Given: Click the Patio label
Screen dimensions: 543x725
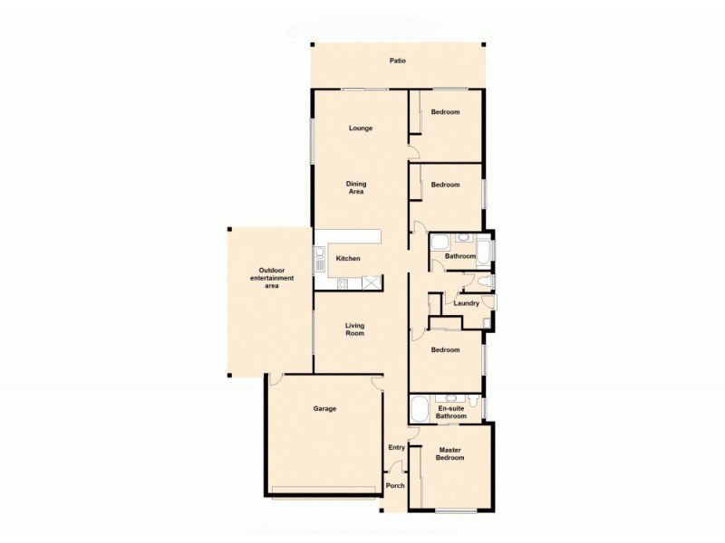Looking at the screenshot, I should click(x=397, y=62).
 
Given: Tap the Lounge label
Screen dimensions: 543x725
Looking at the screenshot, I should click(x=361, y=129).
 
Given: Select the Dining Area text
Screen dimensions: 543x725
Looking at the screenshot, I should click(x=356, y=187).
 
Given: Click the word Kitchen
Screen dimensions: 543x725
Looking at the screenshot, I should click(x=348, y=259).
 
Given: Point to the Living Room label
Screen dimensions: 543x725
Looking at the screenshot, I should click(x=354, y=329).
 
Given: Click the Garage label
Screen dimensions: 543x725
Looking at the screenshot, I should click(x=324, y=408).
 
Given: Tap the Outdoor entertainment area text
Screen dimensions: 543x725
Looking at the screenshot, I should click(x=271, y=278).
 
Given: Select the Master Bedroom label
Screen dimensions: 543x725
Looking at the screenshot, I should click(x=450, y=454).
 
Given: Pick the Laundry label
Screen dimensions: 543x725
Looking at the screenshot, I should click(x=466, y=303).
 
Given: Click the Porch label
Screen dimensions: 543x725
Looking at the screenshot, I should click(x=395, y=486).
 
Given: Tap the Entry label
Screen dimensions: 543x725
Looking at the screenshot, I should click(x=396, y=447).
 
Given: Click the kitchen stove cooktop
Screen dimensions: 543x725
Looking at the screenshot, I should click(x=344, y=284).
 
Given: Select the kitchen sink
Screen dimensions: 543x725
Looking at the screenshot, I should click(x=319, y=261).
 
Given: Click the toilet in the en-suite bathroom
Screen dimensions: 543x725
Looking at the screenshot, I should click(x=475, y=399).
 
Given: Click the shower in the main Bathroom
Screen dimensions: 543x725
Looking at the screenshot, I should click(x=440, y=243).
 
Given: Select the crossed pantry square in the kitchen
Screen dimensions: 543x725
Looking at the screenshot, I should click(x=372, y=283).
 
